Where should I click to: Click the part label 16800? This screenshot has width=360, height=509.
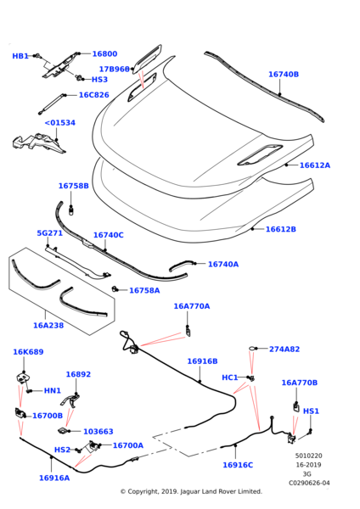pyautogui.click(x=104, y=54)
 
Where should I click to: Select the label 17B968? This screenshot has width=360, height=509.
pyautogui.click(x=115, y=70)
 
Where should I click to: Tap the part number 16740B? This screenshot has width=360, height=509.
pyautogui.click(x=284, y=75)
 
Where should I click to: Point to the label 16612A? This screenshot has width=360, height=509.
pyautogui.click(x=314, y=165)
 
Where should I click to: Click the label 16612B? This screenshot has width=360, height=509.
pyautogui.click(x=281, y=229)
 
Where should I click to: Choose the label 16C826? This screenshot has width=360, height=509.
pyautogui.click(x=94, y=95)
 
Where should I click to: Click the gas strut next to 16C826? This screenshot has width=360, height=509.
pyautogui.click(x=52, y=103)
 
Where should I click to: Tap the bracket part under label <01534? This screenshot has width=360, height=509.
pyautogui.click(x=38, y=143)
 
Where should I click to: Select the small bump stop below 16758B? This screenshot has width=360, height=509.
pyautogui.click(x=71, y=210)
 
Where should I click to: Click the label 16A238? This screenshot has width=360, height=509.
pyautogui.click(x=48, y=325)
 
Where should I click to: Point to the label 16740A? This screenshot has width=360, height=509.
pyautogui.click(x=223, y=264)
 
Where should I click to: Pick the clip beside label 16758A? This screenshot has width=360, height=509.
pyautogui.click(x=115, y=288)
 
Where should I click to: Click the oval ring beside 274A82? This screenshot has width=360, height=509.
pyautogui.click(x=252, y=349)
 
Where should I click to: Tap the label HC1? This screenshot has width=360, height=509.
pyautogui.click(x=230, y=378)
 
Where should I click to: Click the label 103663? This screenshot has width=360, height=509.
pyautogui.click(x=98, y=432)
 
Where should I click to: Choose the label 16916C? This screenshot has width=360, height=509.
pyautogui.click(x=238, y=465)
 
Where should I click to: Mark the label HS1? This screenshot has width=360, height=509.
pyautogui.click(x=311, y=411)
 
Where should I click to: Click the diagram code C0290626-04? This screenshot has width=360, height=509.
pyautogui.click(x=309, y=483)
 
